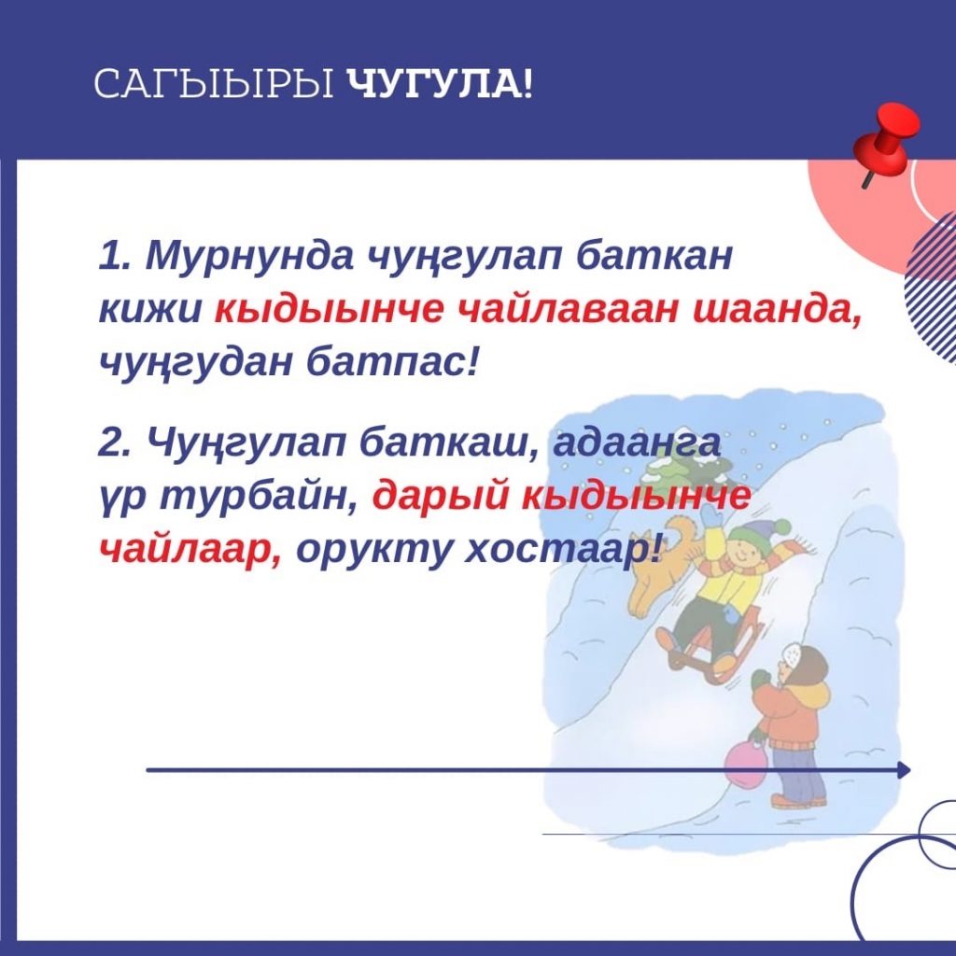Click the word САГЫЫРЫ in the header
[x=214, y=85]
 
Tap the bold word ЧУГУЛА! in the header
[x=440, y=85]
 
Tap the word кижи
[x=149, y=310]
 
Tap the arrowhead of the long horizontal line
[x=904, y=770]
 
